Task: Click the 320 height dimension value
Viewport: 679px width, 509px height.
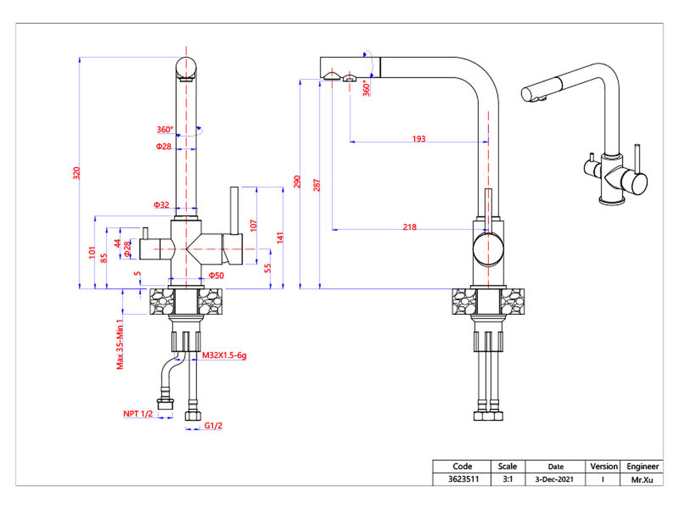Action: coord(77,173)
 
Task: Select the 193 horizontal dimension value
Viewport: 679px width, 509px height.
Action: coord(418,139)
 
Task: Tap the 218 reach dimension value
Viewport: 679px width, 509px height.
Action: coord(409,227)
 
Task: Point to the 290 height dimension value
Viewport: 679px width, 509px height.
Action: coord(297,183)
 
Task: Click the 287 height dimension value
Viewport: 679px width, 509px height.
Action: coord(317,185)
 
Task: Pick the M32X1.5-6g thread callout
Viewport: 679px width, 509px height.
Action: coord(224,355)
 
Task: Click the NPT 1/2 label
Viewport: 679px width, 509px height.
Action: coord(137,413)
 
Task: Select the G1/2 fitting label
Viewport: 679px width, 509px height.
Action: coord(214,426)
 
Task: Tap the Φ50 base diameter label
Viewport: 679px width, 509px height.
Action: coord(216,275)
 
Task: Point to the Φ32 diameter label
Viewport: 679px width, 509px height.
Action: coord(161,204)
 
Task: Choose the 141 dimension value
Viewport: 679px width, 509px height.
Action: coord(280,237)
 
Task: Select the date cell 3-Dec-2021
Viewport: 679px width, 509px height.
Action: coord(555,479)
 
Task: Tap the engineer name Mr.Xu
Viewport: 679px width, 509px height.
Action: coord(642,479)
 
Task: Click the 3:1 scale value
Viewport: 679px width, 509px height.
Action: coord(507,479)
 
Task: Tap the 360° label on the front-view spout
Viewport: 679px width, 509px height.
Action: coord(165,130)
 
